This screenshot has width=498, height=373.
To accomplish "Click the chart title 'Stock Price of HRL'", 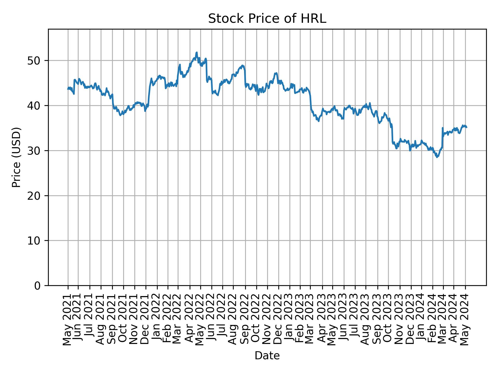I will (267, 19).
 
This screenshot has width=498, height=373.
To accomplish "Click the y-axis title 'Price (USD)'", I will (16, 157).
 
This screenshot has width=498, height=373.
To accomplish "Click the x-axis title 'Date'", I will (267, 356).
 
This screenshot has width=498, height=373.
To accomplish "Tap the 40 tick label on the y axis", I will (36, 106).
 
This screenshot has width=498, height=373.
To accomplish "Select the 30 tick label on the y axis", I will (36, 150).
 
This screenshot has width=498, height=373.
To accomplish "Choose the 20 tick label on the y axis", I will (36, 196).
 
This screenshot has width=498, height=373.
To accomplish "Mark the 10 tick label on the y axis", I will (36, 241).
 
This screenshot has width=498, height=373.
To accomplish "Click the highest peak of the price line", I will (197, 52).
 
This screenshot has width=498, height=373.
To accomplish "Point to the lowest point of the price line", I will (437, 157).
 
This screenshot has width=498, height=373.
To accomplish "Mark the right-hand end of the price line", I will (467, 127).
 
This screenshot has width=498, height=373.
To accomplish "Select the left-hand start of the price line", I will (68, 89).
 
